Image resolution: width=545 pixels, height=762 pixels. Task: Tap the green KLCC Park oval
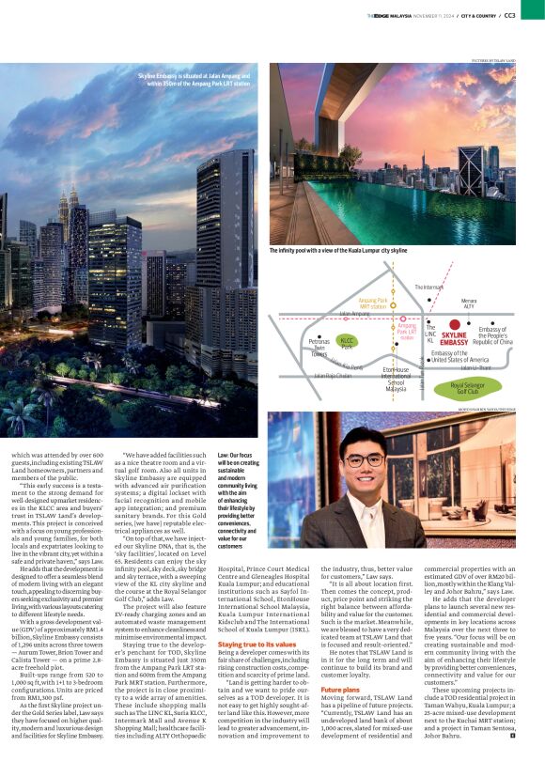coord(348,341)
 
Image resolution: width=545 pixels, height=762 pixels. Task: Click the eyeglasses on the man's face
coord(362,461)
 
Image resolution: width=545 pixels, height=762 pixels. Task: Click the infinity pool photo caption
coord(338,252)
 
